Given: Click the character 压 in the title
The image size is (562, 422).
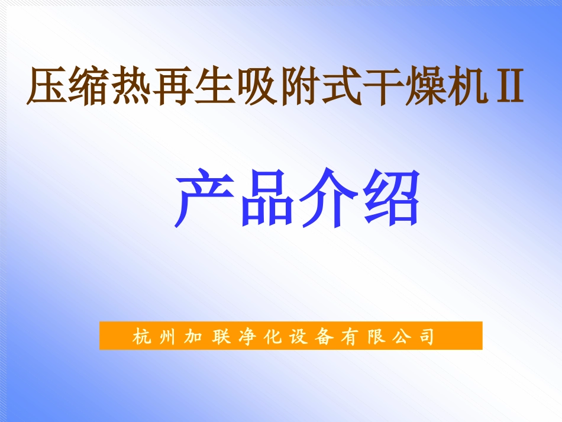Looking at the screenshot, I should (48, 86).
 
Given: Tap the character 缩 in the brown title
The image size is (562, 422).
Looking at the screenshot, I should (91, 86).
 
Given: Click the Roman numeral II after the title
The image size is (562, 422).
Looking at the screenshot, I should (506, 86).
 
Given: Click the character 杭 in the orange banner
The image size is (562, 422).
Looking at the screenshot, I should (142, 336).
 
